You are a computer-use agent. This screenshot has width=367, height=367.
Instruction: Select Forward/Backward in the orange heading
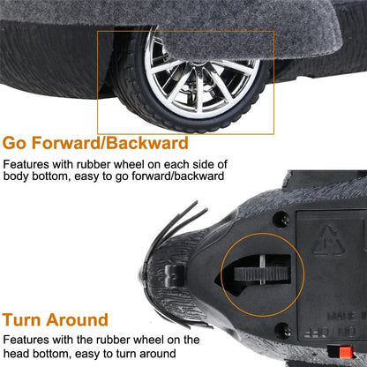pyautogui.click(x=109, y=143)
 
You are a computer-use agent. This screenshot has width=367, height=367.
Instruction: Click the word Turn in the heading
pyautogui.click(x=21, y=319)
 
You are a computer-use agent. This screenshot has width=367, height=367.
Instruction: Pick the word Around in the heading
pyautogui.click(x=78, y=319)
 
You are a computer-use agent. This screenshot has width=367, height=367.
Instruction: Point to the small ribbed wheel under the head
pyautogui.click(x=262, y=274)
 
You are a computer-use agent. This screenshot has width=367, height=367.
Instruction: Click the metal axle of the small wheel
pyautogui.click(x=262, y=270)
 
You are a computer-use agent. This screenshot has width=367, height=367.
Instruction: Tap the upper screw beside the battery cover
pyautogui.click(x=281, y=219)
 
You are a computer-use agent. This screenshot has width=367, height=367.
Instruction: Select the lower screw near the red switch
pyautogui.click(x=282, y=330)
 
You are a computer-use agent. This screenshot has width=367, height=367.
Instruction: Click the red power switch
pyautogui.click(x=346, y=352)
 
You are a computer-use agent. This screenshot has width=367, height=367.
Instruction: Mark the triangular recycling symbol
pyautogui.click(x=328, y=241)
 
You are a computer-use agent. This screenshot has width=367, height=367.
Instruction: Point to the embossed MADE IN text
pyautogui.click(x=347, y=316)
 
